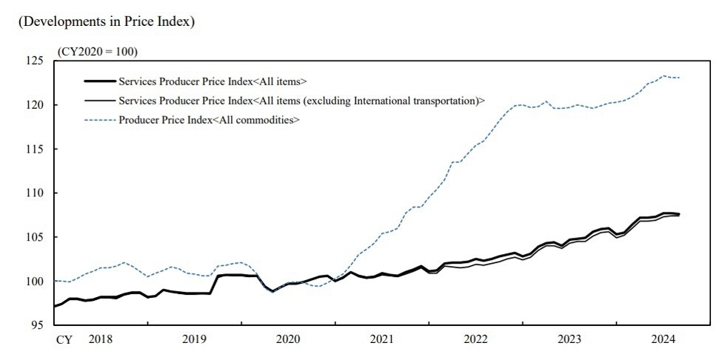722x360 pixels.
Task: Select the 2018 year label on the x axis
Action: (x=101, y=340)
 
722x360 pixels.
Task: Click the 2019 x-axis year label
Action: (x=195, y=340)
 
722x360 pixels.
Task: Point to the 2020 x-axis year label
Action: (x=288, y=340)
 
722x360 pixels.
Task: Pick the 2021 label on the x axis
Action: (x=382, y=340)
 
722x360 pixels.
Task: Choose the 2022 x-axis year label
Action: (x=475, y=340)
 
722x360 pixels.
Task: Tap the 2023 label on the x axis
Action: (x=569, y=340)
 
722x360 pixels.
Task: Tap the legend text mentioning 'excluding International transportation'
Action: (x=301, y=100)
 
